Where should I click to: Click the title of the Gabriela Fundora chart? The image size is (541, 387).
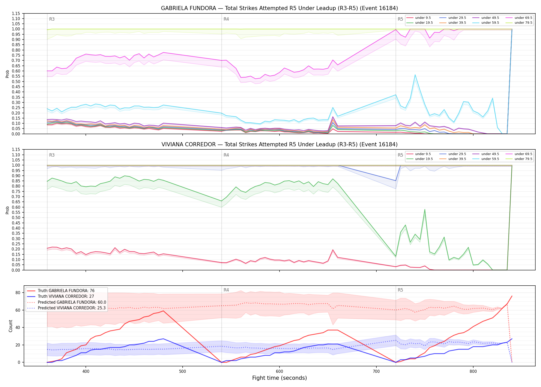(279, 8)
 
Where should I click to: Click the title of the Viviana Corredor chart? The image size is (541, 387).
(279, 144)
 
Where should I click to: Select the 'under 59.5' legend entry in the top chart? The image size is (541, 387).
(486, 23)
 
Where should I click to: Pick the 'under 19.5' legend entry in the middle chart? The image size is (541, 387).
(420, 159)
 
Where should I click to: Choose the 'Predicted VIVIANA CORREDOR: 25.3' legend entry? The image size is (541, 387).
(66, 308)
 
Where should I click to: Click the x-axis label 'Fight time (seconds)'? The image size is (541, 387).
(280, 378)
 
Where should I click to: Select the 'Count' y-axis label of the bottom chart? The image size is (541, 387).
(11, 326)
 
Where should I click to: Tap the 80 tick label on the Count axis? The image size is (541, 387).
(18, 293)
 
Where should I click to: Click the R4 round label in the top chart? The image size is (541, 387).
(226, 19)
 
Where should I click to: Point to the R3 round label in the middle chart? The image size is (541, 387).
(52, 155)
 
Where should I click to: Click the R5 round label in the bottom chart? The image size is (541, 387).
(400, 290)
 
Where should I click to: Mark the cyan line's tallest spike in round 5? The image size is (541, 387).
(415, 75)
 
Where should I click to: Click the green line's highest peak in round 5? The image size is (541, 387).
(425, 209)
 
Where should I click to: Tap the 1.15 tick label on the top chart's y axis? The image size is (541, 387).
(16, 13)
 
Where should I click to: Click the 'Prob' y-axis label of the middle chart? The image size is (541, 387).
(7, 210)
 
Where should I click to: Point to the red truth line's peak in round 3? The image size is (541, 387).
(163, 311)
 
